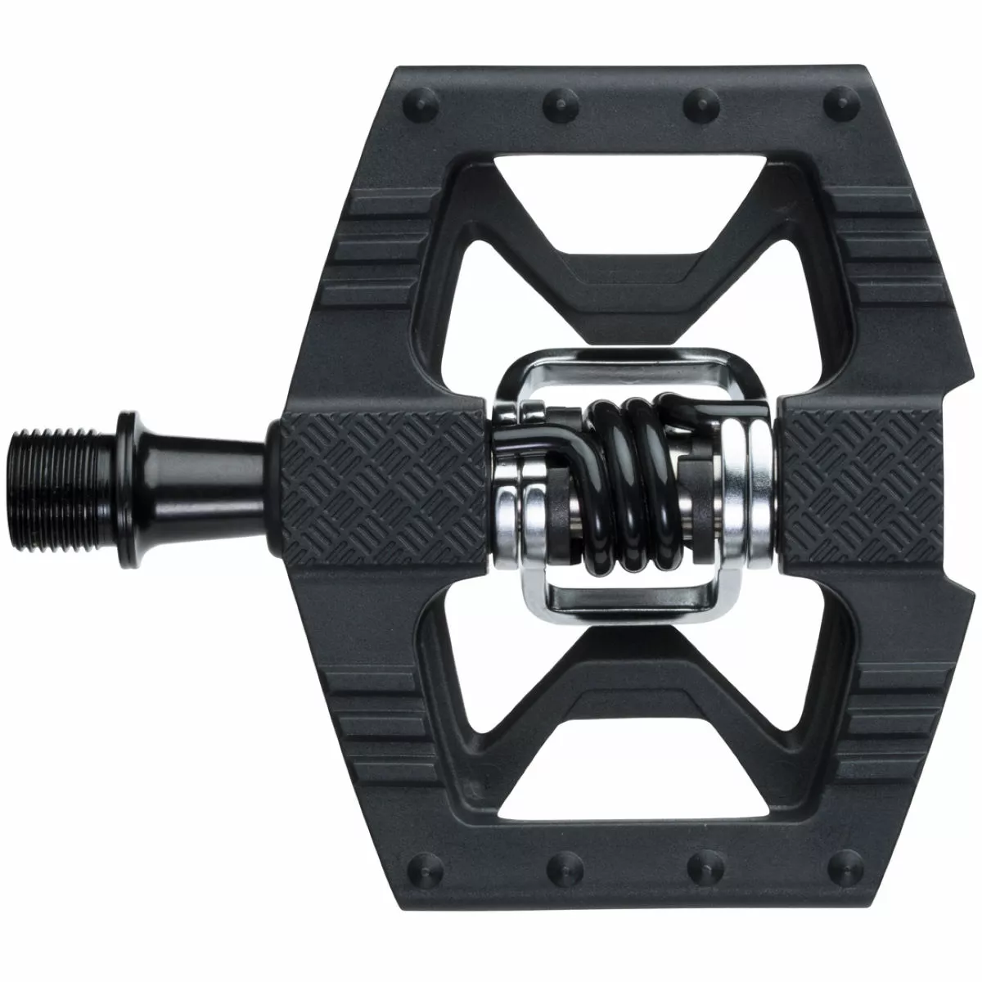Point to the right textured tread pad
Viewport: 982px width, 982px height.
pos(851,483)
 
